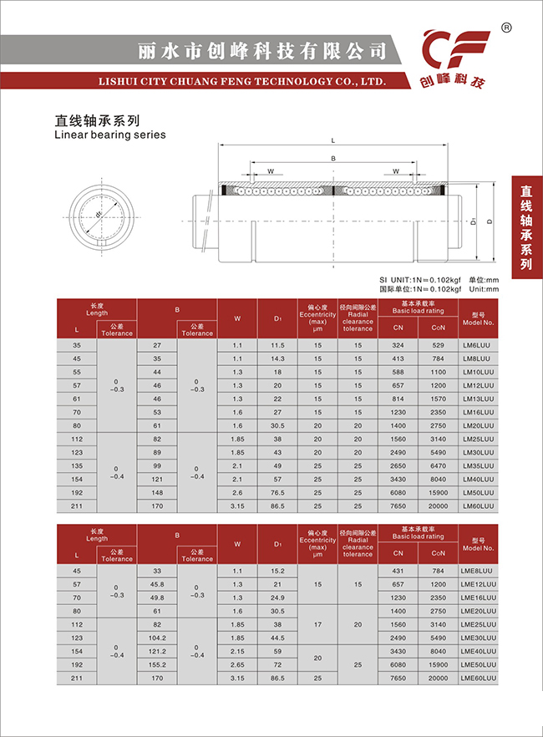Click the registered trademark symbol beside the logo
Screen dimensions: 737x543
(506, 28)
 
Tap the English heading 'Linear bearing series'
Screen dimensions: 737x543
(109, 135)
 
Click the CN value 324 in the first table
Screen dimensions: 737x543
(398, 345)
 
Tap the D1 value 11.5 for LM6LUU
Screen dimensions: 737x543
(278, 345)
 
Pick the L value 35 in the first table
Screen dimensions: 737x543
(78, 345)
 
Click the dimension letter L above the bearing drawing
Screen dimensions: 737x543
(332, 140)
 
